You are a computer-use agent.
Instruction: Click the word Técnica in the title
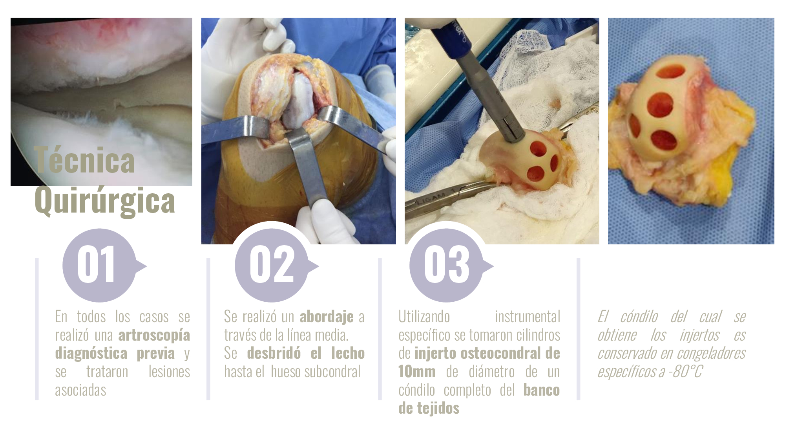click(84, 160)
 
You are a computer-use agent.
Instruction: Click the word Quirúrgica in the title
click(105, 201)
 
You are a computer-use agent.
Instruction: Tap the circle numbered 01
click(99, 266)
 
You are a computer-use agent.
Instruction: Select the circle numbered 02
click(272, 266)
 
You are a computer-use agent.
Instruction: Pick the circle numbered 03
click(446, 266)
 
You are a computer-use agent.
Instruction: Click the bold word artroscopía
click(154, 336)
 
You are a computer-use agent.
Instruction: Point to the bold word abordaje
click(327, 317)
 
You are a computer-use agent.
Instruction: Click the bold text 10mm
click(417, 372)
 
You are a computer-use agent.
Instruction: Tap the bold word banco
click(542, 390)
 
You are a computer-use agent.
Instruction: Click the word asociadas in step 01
click(80, 390)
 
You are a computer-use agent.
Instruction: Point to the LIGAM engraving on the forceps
click(431, 199)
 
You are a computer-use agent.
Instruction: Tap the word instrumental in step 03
click(527, 317)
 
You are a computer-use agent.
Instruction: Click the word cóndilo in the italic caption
click(639, 317)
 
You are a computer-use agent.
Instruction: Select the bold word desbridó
click(274, 353)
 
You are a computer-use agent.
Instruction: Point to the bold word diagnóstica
click(91, 354)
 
